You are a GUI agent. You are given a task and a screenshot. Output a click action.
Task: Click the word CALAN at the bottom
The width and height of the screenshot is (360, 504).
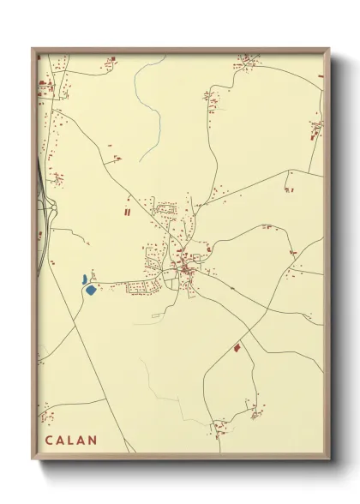tap(71, 441)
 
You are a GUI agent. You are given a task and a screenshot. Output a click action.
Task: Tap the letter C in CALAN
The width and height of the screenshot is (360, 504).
tap(50, 441)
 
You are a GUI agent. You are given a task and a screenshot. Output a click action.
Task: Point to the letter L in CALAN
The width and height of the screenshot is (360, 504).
tap(71, 441)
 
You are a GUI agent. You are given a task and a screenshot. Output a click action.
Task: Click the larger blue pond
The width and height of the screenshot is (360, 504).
tap(91, 290)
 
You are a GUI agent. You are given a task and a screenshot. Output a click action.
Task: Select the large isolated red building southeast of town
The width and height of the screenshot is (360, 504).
tap(237, 347)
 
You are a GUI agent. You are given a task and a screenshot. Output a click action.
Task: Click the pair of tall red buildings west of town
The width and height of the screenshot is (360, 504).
tap(128, 210)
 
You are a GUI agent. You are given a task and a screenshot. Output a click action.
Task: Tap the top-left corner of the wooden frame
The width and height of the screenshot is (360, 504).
tap(33, 49)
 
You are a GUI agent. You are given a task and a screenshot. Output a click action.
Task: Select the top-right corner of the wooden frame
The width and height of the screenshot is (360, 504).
tap(329, 49)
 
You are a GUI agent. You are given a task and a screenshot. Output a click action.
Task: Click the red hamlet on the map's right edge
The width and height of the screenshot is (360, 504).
tap(316, 129)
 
